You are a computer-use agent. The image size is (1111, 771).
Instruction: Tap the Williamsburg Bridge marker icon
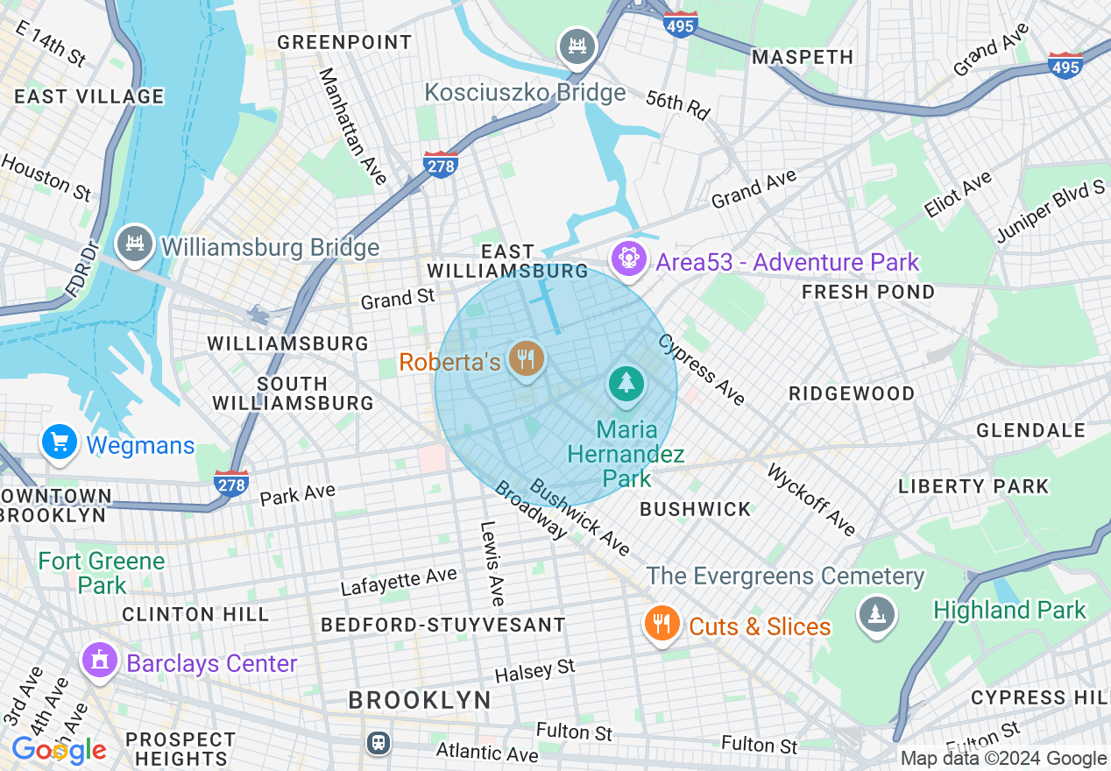pyautogui.click(x=135, y=245)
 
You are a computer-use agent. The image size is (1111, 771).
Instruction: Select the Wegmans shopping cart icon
pyautogui.click(x=60, y=442)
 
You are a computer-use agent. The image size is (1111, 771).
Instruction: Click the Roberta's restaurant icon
pyautogui.click(x=526, y=359)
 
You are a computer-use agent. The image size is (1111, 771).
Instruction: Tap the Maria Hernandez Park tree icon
pyautogui.click(x=626, y=385)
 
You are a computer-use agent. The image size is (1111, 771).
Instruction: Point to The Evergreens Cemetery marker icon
pyautogui.click(x=875, y=614)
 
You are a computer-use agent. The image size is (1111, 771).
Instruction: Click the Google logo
pyautogui.click(x=59, y=750)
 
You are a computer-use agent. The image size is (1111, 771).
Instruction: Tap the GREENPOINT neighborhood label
pyautogui.click(x=344, y=42)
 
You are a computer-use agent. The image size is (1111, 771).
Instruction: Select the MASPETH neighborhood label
pyautogui.click(x=803, y=57)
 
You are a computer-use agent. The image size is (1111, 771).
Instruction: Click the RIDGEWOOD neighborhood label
pyautogui.click(x=852, y=393)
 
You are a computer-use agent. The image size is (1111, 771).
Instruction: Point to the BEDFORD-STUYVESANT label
pyautogui.click(x=442, y=625)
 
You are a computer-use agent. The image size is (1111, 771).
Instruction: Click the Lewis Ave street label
pyautogui.click(x=492, y=564)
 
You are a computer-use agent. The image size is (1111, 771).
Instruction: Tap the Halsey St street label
pyautogui.click(x=534, y=671)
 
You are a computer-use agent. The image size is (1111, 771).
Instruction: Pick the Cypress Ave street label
pyautogui.click(x=702, y=370)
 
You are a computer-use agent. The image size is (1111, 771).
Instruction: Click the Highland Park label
pyautogui.click(x=1009, y=610)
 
